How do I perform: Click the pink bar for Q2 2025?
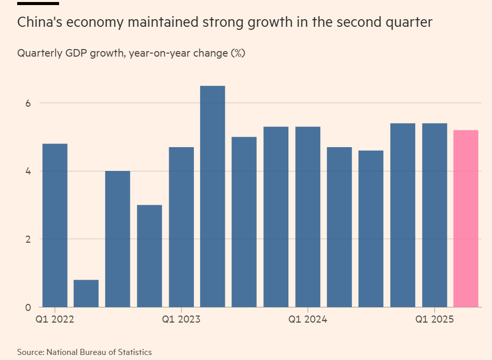click(x=466, y=218)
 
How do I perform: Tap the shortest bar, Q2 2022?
click(x=86, y=293)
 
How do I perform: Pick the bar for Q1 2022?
click(x=55, y=225)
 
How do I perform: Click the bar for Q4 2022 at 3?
click(x=150, y=256)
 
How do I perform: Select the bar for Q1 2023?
click(x=181, y=227)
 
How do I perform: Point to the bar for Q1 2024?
click(x=308, y=217)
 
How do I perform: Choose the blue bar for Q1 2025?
click(x=434, y=215)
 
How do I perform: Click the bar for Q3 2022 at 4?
click(x=118, y=239)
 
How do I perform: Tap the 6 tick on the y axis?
click(x=28, y=103)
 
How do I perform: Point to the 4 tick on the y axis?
click(x=28, y=171)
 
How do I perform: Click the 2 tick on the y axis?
click(x=28, y=239)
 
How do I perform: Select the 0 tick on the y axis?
click(x=28, y=307)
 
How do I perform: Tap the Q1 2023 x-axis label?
click(x=181, y=320)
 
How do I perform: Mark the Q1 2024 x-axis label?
click(x=308, y=320)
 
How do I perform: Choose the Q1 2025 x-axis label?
click(x=434, y=320)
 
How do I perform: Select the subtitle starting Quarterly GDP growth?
click(x=131, y=53)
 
